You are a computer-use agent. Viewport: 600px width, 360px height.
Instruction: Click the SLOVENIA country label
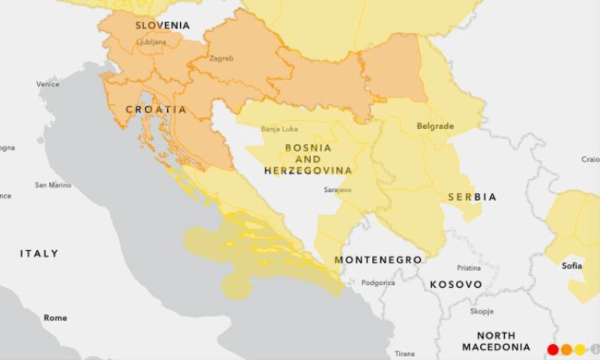click(162, 25)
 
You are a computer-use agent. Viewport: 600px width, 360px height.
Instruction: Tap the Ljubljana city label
click(151, 43)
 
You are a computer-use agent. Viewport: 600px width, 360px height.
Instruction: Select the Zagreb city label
click(221, 58)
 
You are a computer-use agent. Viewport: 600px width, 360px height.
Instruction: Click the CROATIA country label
click(156, 109)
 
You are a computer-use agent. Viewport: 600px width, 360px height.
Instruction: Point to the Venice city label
click(48, 84)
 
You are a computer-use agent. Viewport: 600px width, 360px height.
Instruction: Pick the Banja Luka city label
click(279, 129)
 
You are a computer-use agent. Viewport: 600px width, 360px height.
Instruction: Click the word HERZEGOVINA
click(307, 170)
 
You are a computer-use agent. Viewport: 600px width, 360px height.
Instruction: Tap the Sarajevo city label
click(337, 190)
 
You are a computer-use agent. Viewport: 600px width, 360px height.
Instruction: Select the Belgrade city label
click(436, 126)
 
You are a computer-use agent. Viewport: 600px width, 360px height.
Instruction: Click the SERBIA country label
click(472, 196)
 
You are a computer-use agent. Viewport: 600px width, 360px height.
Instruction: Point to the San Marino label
click(52, 184)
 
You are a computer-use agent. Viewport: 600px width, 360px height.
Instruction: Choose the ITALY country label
click(39, 253)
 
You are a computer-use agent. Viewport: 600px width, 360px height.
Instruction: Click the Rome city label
click(55, 318)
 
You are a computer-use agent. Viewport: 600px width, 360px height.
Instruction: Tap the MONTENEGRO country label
click(378, 259)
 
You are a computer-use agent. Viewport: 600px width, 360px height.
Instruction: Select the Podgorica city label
click(378, 283)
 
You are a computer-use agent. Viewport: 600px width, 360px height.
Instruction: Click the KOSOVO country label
click(456, 285)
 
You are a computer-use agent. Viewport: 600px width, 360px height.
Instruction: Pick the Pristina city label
click(469, 268)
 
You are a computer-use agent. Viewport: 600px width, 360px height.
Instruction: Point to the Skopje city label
click(481, 311)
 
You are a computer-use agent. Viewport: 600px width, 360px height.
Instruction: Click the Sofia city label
click(572, 265)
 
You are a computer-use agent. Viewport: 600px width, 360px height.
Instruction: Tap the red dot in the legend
click(553, 349)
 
